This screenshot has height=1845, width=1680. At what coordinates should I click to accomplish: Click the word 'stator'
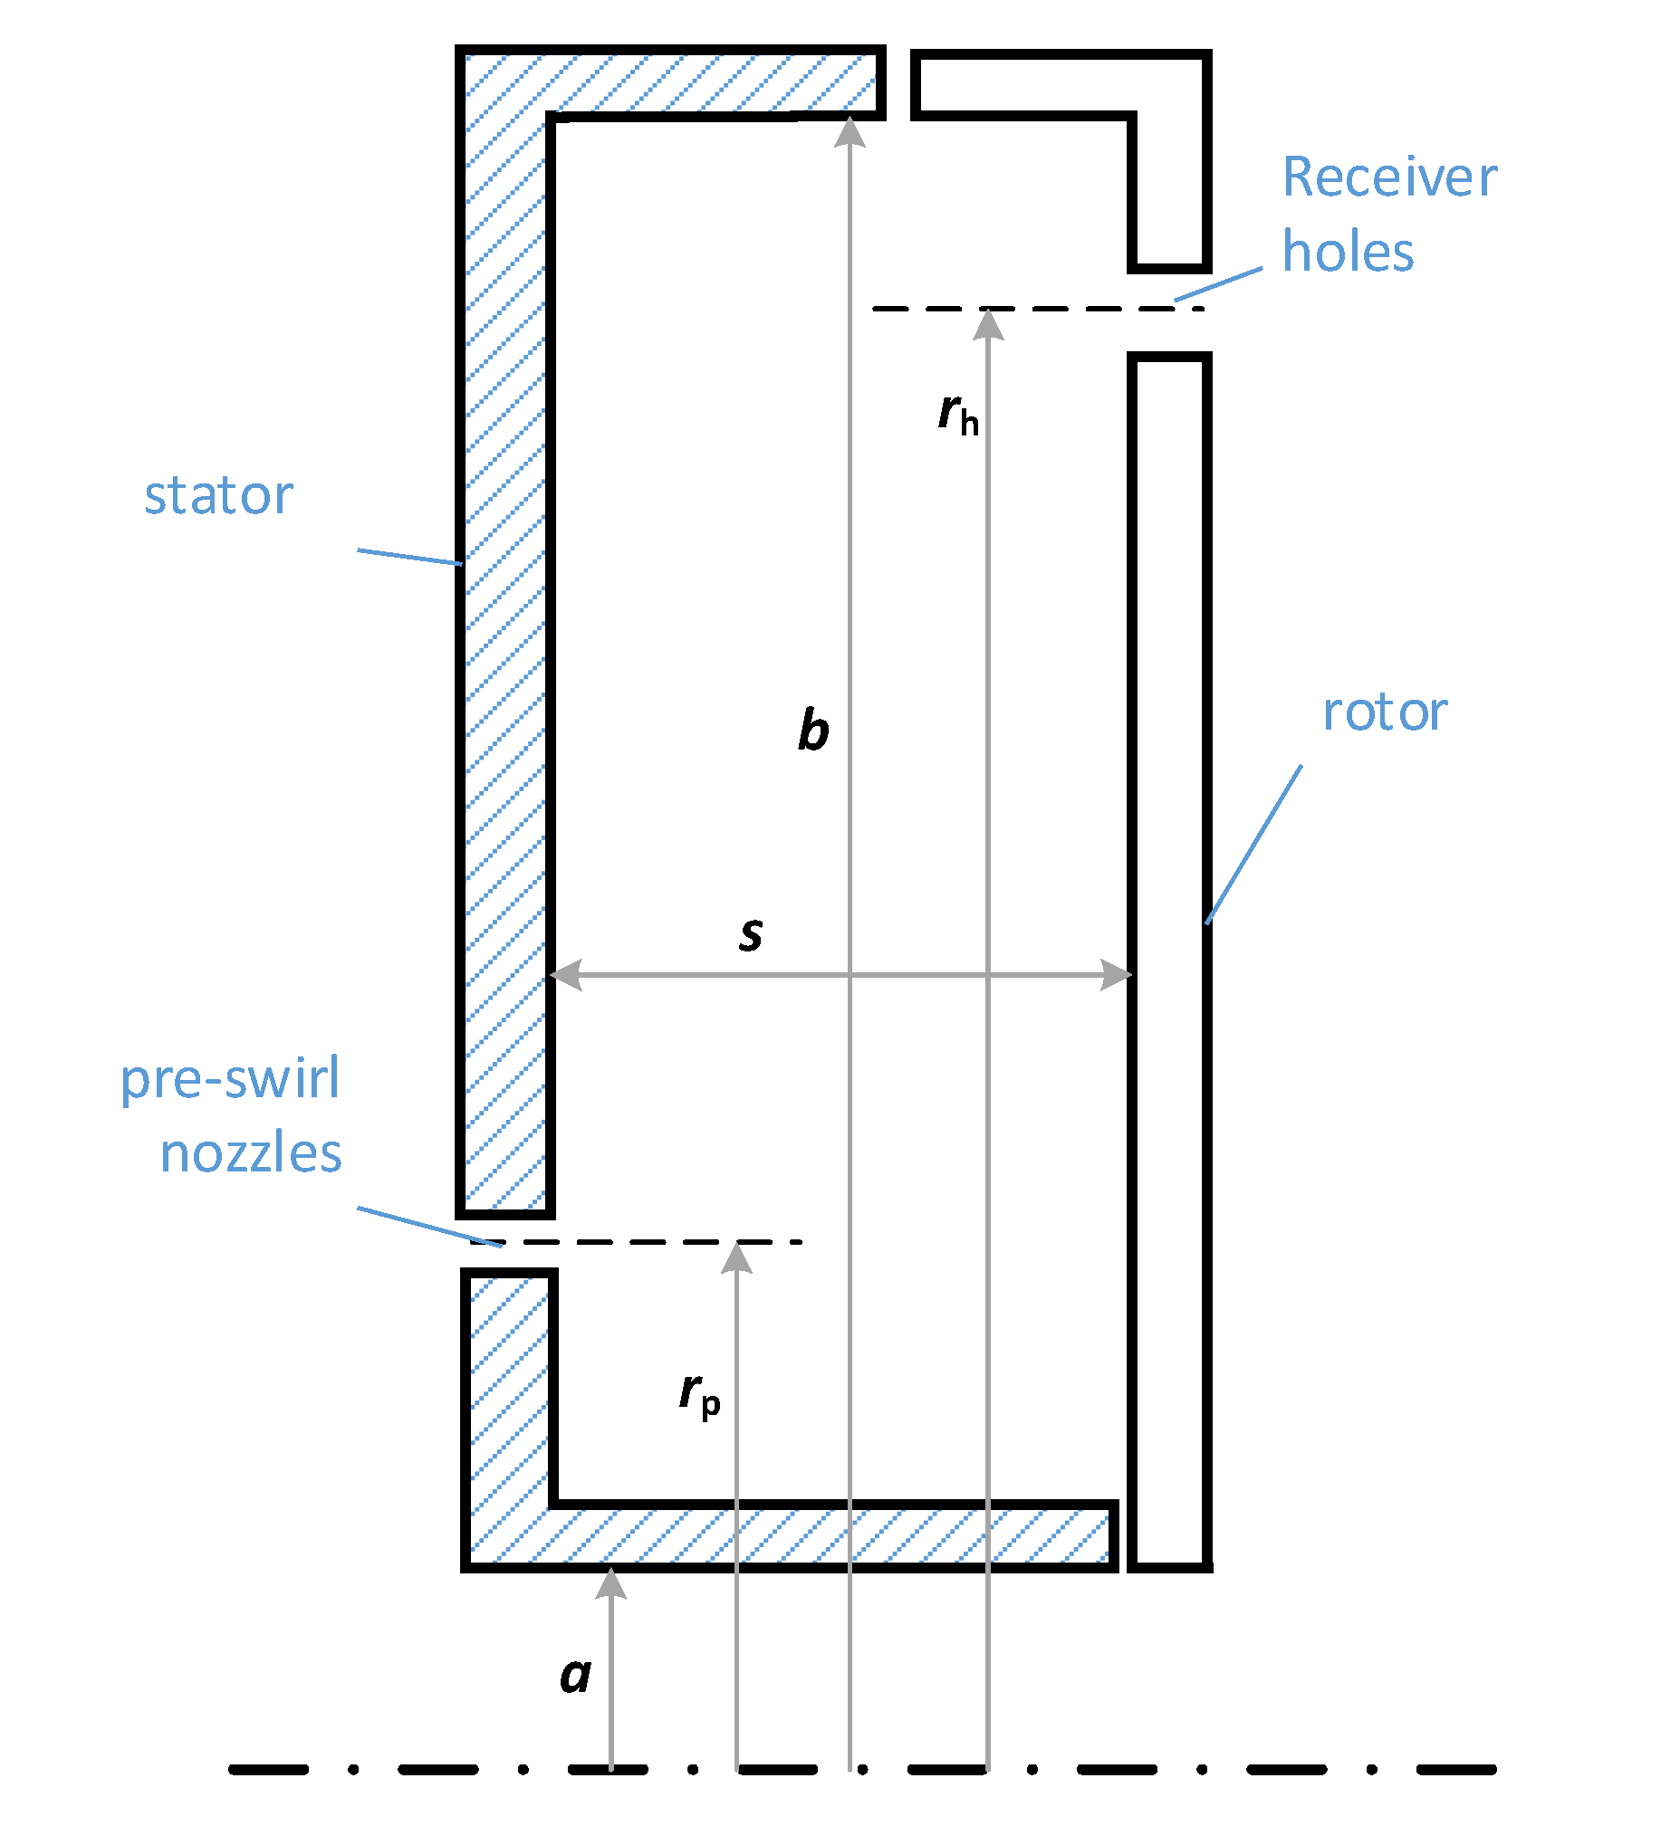[x=218, y=497]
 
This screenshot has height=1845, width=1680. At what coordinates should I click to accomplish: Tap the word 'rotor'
[x=1384, y=713]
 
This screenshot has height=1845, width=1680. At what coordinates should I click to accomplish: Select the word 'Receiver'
[x=1389, y=177]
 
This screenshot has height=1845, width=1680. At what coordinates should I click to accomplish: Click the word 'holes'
[x=1348, y=252]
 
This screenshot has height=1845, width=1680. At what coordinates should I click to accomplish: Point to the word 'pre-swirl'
[x=230, y=1081]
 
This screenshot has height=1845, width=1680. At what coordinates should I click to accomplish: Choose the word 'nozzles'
[x=251, y=1154]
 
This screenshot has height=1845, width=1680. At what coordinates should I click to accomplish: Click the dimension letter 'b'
[x=812, y=731]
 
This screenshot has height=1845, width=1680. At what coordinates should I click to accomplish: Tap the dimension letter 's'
[x=751, y=934]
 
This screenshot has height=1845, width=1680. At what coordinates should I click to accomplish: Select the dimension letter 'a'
[x=575, y=1676]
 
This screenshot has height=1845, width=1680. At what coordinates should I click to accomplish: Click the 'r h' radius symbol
[x=957, y=415]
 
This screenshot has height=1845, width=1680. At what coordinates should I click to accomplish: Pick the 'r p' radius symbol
[x=699, y=1394]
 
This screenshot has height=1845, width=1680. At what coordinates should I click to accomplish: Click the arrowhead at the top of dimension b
[x=850, y=132]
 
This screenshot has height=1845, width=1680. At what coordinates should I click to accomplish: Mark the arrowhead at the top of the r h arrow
[x=988, y=325]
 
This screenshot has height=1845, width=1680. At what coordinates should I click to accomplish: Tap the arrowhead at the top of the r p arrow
[x=736, y=1258]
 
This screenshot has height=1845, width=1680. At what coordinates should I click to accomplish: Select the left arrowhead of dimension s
[x=566, y=976]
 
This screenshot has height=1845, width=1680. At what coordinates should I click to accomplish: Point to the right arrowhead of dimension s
[x=1117, y=976]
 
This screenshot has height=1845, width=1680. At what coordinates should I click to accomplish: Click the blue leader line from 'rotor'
[x=1253, y=845]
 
